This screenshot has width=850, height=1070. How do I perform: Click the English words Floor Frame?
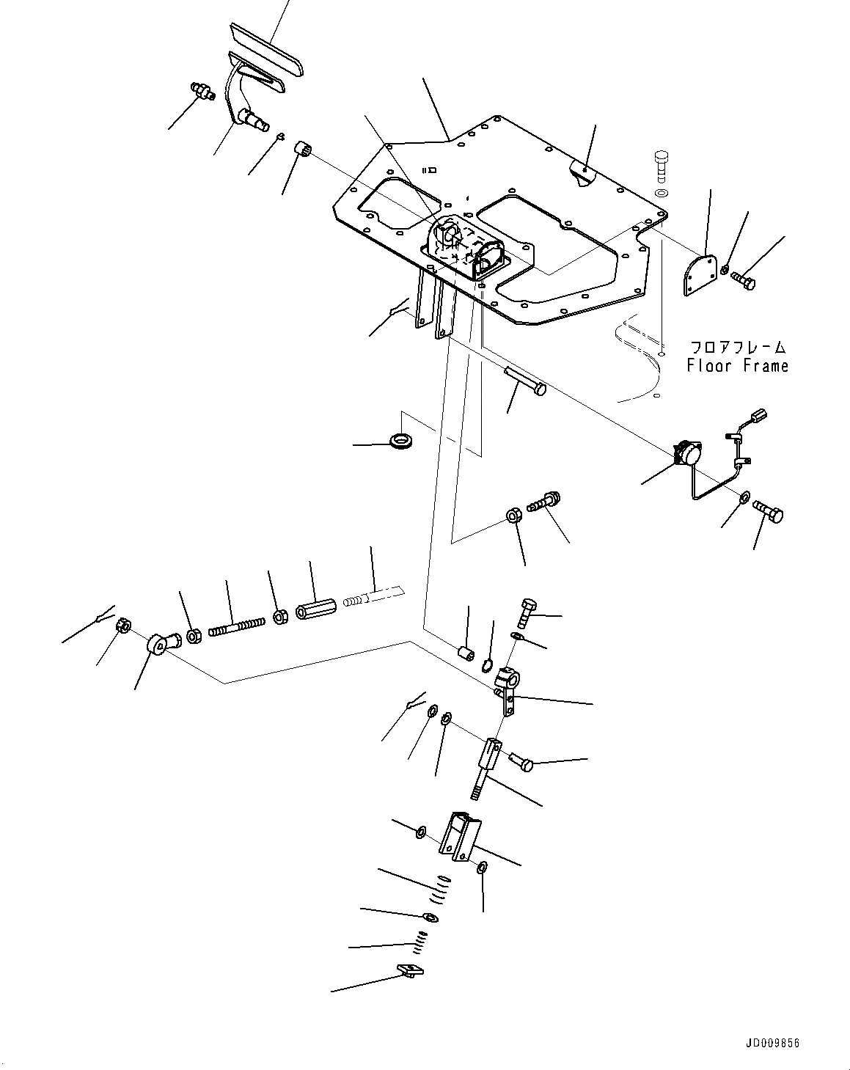click(x=737, y=365)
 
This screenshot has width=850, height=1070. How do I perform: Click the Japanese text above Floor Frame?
click(x=737, y=346)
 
